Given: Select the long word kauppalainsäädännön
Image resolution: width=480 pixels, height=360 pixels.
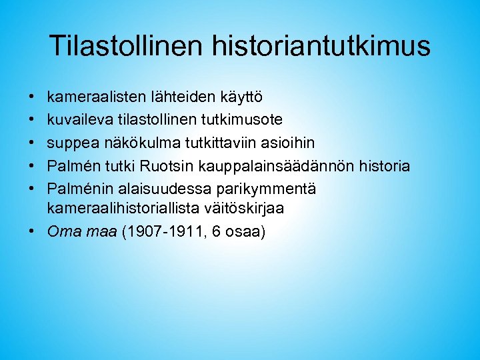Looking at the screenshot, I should point(274,166).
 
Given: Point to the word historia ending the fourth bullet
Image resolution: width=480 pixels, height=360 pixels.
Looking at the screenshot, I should point(384,166).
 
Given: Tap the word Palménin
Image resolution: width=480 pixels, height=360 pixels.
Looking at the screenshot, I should point(79,189).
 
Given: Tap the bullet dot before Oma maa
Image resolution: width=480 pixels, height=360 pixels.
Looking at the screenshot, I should point(32,231).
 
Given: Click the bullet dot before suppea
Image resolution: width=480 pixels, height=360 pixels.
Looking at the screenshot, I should point(32,143).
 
